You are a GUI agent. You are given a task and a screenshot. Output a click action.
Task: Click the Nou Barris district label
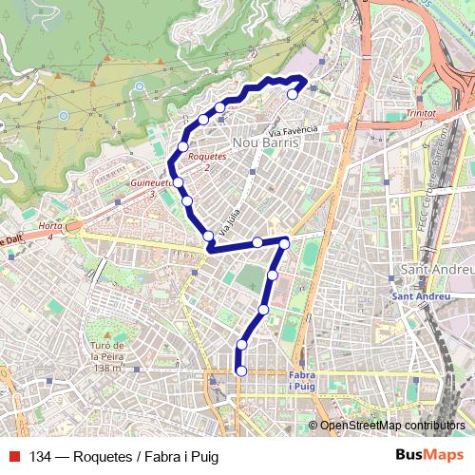click(x=266, y=142)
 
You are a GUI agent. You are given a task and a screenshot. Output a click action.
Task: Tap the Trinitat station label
click(x=421, y=113)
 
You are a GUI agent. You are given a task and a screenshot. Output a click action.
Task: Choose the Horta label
click(x=50, y=227)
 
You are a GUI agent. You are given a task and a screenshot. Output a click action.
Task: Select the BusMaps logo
click(x=429, y=456)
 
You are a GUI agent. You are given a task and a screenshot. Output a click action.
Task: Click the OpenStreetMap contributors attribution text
click(x=392, y=426)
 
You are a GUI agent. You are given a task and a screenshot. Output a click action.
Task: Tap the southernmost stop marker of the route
click(x=241, y=370)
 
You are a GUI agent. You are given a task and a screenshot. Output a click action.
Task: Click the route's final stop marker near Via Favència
click(x=293, y=94)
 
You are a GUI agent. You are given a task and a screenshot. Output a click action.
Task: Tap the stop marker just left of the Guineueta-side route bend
click(x=178, y=180)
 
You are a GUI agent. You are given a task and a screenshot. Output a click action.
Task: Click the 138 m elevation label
click(x=110, y=368)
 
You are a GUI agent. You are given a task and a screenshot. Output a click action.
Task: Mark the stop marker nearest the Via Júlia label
click(x=208, y=236)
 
